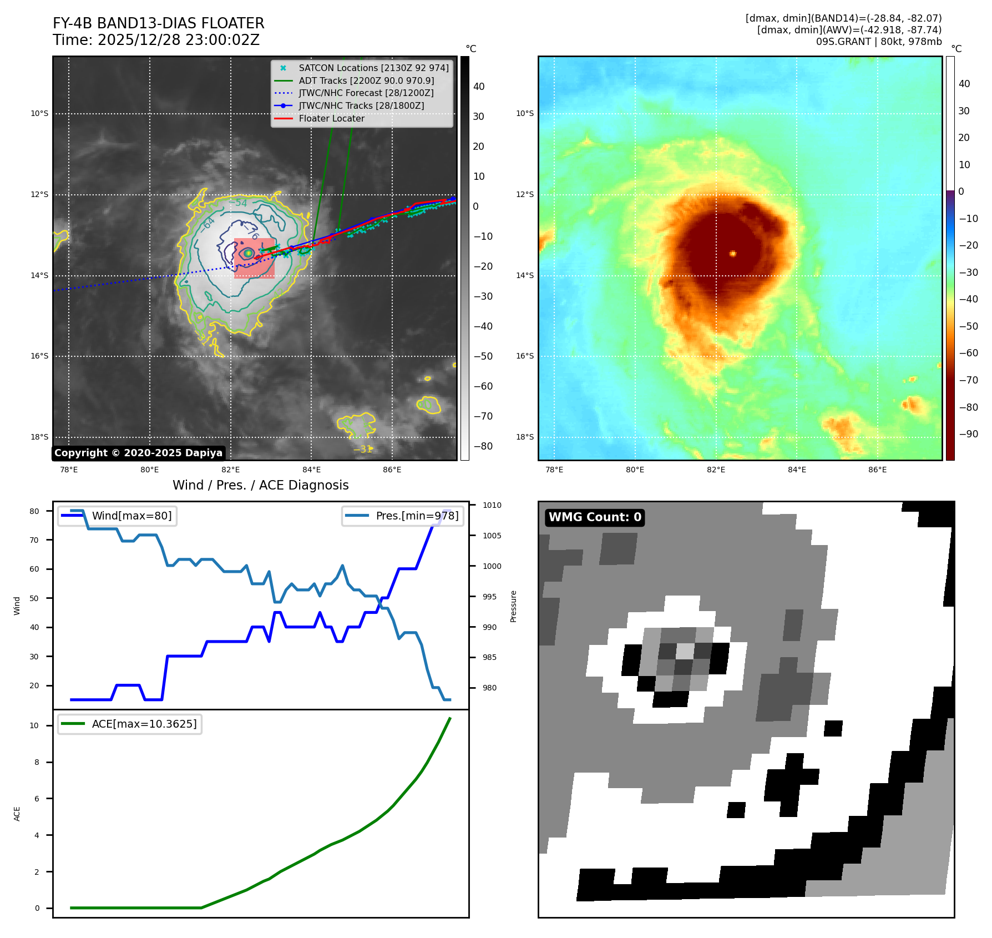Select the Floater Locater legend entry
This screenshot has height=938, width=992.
[331, 118]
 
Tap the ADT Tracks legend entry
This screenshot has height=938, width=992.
[366, 80]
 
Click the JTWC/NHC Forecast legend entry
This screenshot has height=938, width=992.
[366, 93]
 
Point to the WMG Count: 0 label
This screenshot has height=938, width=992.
[595, 517]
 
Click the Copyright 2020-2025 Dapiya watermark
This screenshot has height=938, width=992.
[138, 453]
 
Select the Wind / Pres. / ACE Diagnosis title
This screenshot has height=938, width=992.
[260, 485]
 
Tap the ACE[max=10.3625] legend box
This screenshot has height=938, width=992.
[130, 724]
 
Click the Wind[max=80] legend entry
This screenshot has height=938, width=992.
[118, 516]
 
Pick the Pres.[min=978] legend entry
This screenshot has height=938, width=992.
[403, 516]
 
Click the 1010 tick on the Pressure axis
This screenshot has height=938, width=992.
[492, 505]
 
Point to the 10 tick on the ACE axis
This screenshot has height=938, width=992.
[34, 725]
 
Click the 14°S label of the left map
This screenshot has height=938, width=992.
[39, 275]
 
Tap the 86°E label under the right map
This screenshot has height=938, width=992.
[877, 470]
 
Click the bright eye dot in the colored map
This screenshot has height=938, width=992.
[733, 254]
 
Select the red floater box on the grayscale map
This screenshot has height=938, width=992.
[254, 259]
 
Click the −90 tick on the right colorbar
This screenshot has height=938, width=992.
[969, 434]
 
